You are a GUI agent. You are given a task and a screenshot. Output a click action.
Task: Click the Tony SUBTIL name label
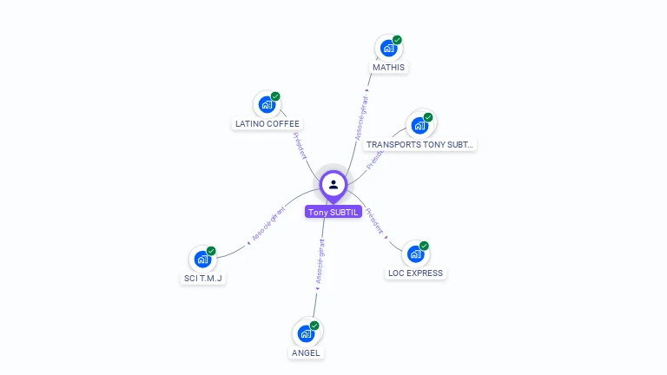pos(333,212)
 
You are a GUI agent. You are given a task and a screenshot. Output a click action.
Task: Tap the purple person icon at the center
pos(333,184)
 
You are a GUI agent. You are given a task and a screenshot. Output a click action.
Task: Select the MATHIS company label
pos(388,67)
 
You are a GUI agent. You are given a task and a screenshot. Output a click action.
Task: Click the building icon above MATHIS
pos(388,49)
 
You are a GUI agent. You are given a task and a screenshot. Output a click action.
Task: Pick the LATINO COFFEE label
pos(267,123)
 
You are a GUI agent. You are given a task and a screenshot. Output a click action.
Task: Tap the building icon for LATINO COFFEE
pos(267,105)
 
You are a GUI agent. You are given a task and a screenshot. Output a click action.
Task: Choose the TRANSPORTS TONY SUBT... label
pos(419,145)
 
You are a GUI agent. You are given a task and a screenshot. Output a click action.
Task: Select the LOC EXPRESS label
pos(415,273)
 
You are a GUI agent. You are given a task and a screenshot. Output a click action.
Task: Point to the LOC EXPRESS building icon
pos(415,254)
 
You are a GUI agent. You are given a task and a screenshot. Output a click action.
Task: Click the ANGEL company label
pos(306,352)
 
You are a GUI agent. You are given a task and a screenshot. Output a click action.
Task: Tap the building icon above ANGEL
pos(306,334)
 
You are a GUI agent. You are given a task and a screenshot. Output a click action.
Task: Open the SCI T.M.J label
pos(203,278)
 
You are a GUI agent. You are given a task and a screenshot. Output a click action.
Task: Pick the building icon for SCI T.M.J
pos(202,259)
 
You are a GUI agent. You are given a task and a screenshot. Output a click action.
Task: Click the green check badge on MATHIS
pos(397,40)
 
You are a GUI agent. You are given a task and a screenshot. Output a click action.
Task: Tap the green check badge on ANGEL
pos(314,326)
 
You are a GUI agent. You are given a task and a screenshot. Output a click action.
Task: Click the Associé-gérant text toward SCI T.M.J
pos(268,223)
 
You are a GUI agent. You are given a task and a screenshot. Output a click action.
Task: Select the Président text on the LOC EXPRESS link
pos(375,221)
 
